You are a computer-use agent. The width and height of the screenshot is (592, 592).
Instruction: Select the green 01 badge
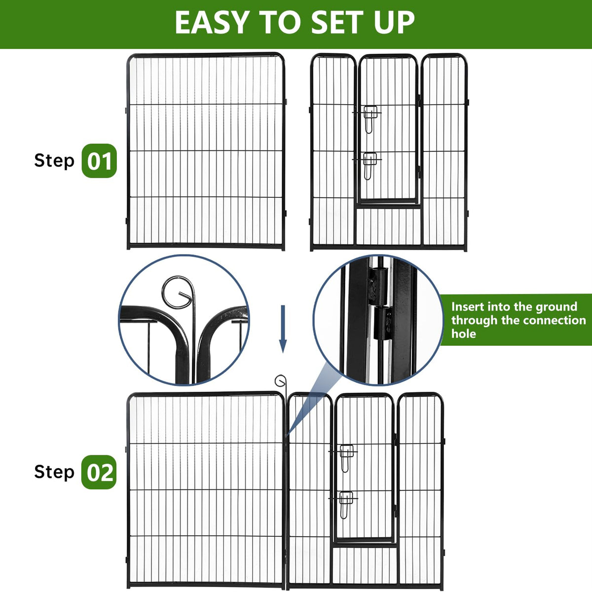point(99,161)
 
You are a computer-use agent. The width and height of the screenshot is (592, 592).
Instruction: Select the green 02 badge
point(99,472)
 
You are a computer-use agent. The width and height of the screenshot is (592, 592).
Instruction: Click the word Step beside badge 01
point(54,161)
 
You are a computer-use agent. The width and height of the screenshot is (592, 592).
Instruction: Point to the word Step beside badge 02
point(54,472)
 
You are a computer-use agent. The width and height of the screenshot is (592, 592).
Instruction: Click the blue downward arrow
point(283,329)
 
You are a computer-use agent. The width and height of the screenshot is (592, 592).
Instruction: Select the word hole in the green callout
point(464,333)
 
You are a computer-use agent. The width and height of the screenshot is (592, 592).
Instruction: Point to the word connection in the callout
point(544,321)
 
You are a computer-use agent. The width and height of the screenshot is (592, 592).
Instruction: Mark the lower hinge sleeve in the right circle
point(383,323)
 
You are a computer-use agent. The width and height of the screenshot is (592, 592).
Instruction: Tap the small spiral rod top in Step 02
point(280,381)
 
